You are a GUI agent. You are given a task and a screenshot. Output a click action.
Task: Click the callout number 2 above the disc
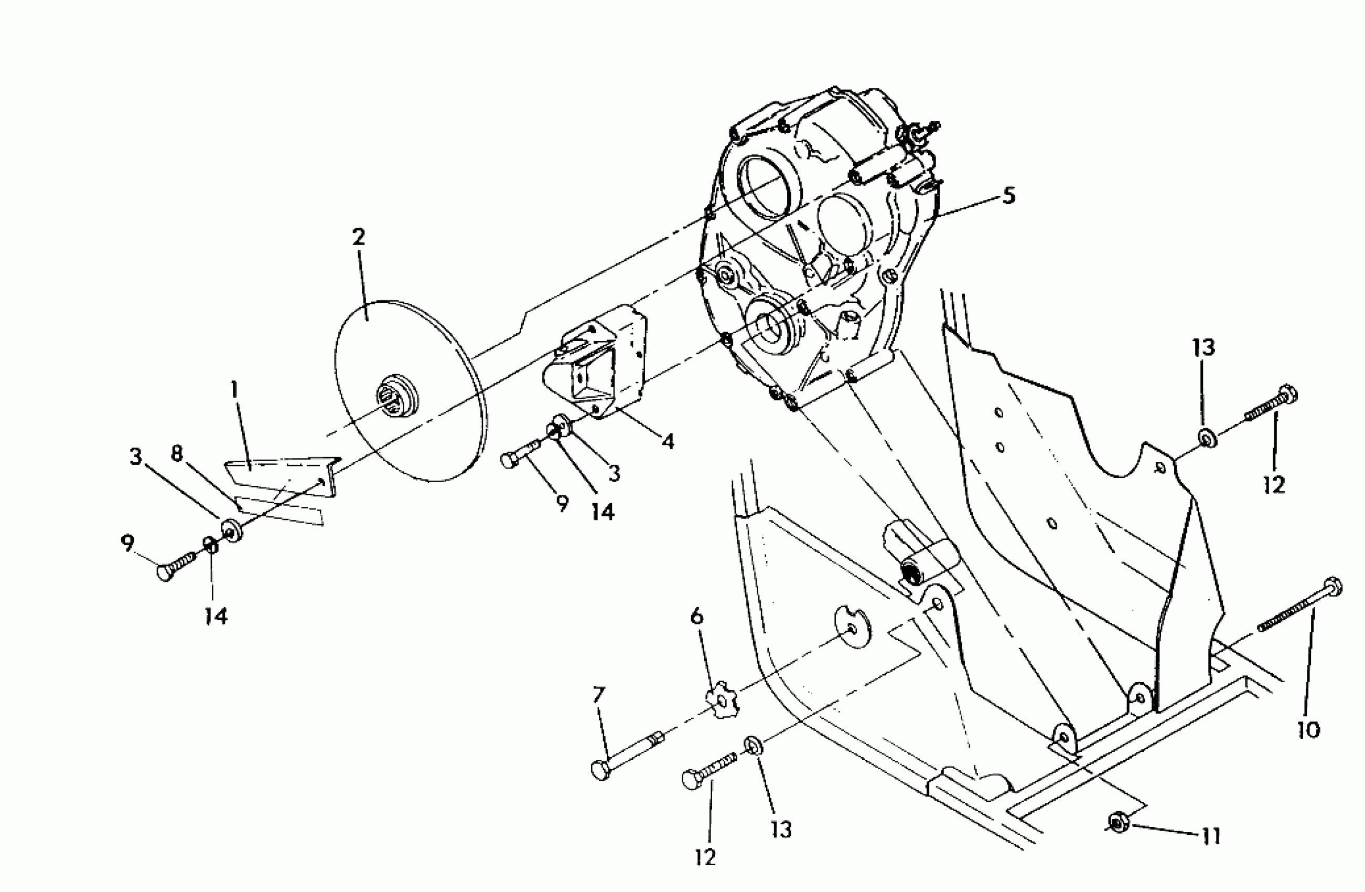pyautogui.click(x=359, y=237)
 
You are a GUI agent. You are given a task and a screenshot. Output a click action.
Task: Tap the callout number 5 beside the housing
pyautogui.click(x=1008, y=196)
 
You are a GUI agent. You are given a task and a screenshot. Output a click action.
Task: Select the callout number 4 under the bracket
pyautogui.click(x=667, y=441)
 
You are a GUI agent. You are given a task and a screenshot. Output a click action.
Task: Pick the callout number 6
pyautogui.click(x=696, y=617)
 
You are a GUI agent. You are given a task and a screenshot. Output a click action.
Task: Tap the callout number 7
pyautogui.click(x=598, y=696)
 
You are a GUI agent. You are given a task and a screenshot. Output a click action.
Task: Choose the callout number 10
pyautogui.click(x=1309, y=730)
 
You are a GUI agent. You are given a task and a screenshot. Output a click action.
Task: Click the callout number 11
pyautogui.click(x=1211, y=836)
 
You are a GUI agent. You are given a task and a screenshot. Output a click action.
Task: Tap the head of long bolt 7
pyautogui.click(x=599, y=769)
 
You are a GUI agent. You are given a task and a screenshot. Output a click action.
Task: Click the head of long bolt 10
pyautogui.click(x=1334, y=587)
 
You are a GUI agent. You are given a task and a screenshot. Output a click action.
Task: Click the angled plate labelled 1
pyautogui.click(x=281, y=474)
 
